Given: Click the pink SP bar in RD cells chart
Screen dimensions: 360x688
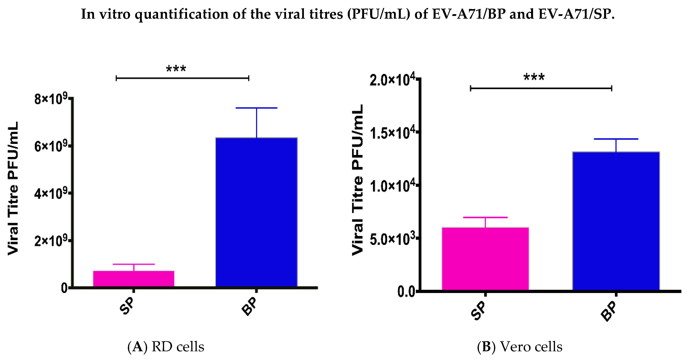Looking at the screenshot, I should (134, 279).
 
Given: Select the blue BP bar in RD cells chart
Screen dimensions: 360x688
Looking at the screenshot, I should (256, 212).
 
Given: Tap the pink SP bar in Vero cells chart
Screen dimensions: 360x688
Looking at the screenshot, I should (485, 258).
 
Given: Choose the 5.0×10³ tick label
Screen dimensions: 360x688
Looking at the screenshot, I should (393, 239).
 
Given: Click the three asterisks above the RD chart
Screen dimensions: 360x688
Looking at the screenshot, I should (176, 69).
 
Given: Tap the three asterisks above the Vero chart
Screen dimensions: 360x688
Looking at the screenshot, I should (534, 77).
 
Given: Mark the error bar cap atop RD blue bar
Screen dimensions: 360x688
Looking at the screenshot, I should (256, 108).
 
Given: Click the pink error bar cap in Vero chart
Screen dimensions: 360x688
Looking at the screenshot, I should (485, 217).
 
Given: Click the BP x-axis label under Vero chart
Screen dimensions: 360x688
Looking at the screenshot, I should (609, 311).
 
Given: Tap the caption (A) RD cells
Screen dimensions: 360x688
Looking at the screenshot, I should (166, 347).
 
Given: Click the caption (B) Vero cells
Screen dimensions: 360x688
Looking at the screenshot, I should (519, 347).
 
